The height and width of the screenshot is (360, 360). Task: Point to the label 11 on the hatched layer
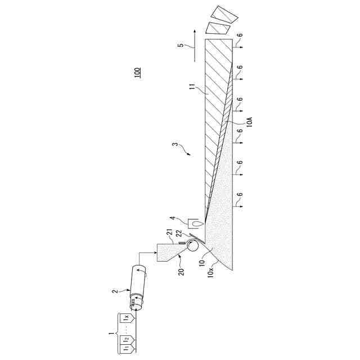191,88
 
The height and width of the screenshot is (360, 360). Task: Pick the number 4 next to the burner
174,220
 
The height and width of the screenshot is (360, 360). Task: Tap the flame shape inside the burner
195,222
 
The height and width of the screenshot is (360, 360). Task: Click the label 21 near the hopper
169,232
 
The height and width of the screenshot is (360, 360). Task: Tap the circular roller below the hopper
193,245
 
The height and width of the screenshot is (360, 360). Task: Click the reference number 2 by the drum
114,291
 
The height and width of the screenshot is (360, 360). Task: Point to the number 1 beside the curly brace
111,334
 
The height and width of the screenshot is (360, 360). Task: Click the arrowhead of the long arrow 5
192,30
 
